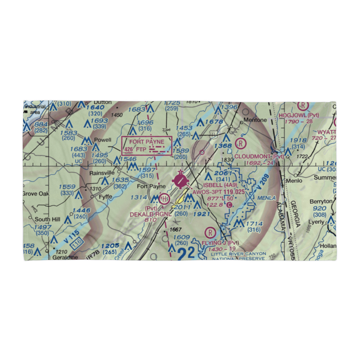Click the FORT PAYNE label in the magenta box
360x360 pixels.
click(x=147, y=142)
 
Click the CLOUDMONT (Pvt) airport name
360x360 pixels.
click(x=259, y=157)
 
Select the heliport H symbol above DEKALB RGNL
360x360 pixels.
click(x=165, y=198)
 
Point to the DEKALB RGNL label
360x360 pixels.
click(x=146, y=214)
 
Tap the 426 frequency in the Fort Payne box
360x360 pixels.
click(x=128, y=149)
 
